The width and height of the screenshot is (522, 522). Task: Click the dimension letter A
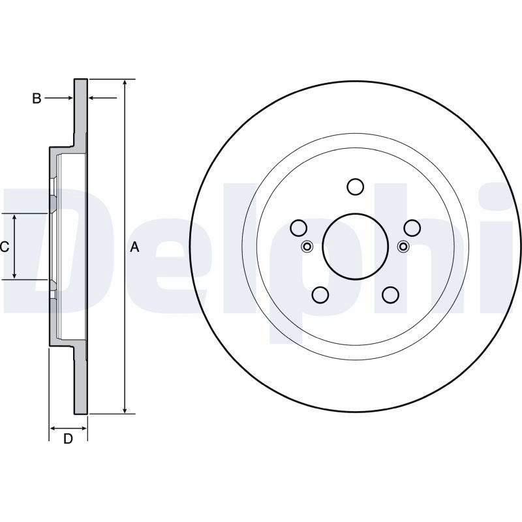coord(134,247)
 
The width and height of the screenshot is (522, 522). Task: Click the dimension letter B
coord(37,99)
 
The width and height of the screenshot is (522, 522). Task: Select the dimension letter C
coord(5,247)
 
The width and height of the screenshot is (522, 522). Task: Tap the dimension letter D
coord(68,438)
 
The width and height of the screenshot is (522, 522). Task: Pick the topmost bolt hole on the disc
coord(355,187)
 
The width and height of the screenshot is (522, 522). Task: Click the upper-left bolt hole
coord(298,228)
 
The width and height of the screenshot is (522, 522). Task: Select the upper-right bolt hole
coord(412,228)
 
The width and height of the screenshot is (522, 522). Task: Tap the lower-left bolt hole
coord(320,295)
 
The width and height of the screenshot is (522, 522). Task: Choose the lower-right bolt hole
coord(390,295)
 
